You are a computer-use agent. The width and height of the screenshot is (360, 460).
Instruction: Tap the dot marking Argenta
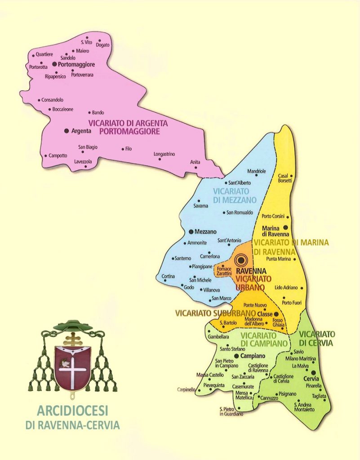pyautogui.click(x=67, y=131)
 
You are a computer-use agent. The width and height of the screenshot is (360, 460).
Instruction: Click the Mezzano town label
pyautogui.click(x=206, y=232)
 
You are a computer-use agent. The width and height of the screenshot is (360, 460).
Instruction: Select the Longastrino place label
pyautogui.click(x=164, y=154)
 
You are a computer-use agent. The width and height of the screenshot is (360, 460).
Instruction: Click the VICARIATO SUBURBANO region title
pyautogui.click(x=215, y=313)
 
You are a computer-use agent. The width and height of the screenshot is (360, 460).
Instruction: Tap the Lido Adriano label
pyautogui.click(x=286, y=287)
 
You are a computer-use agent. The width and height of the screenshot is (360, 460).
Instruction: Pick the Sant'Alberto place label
pyautogui.click(x=240, y=183)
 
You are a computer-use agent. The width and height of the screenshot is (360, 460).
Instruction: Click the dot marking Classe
pyautogui.click(x=276, y=314)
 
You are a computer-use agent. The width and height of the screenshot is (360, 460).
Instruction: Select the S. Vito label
pyautogui.click(x=86, y=42)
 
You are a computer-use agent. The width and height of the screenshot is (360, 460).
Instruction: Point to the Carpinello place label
pyautogui.click(x=187, y=389)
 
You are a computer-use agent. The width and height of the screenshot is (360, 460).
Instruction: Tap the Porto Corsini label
pyautogui.click(x=273, y=216)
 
